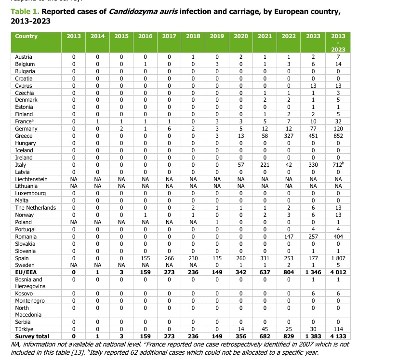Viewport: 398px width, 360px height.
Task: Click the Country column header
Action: coord(26,37)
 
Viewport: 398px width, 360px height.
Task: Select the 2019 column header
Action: coord(217,37)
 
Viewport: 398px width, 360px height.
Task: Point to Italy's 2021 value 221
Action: coord(265,164)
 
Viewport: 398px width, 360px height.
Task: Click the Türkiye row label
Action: coord(26,329)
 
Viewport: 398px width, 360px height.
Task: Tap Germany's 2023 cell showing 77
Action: coord(313,129)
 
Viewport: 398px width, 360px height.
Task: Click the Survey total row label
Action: coord(32,336)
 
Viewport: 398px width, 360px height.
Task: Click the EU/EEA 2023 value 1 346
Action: coord(313,272)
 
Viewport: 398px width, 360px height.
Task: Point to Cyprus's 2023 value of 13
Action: coord(313,85)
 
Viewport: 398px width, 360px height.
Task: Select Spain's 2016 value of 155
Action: coord(145,258)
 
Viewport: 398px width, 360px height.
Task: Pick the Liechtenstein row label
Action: coord(31,179)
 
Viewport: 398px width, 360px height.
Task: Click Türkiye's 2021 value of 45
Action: coord(265,329)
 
